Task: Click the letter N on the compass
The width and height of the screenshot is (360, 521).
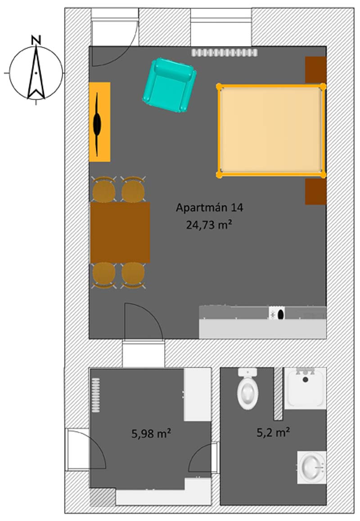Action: click(x=36, y=40)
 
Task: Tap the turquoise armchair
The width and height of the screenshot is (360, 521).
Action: click(x=169, y=85)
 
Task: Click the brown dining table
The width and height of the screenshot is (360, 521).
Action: click(x=120, y=232)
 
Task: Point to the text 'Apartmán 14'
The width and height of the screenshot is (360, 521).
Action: click(x=209, y=208)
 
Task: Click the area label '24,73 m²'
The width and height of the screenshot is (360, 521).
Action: click(x=209, y=225)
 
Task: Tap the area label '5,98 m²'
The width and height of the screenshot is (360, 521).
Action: click(x=151, y=433)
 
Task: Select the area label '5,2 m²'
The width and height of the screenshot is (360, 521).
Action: click(x=273, y=432)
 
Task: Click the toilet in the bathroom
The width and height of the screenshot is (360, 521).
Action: click(x=247, y=388)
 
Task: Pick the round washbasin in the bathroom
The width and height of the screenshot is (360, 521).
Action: click(x=311, y=467)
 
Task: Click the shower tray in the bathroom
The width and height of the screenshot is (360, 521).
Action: click(x=305, y=388)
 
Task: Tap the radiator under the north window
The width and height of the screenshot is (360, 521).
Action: click(x=225, y=53)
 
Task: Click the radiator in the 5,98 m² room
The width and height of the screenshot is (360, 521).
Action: click(x=96, y=395)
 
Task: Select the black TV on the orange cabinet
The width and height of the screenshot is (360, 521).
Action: click(x=97, y=124)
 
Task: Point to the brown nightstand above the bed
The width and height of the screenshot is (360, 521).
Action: click(x=316, y=70)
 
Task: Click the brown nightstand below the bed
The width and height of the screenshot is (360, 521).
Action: click(x=316, y=191)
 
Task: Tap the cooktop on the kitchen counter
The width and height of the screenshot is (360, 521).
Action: click(x=277, y=314)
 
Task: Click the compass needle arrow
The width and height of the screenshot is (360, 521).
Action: click(x=36, y=72)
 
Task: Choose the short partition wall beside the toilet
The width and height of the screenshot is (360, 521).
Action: click(x=278, y=394)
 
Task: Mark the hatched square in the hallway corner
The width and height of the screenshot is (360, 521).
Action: click(x=103, y=498)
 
